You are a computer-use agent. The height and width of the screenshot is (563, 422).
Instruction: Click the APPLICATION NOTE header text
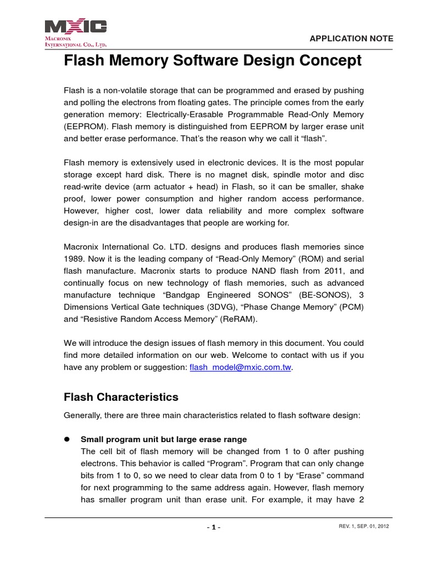point(352,38)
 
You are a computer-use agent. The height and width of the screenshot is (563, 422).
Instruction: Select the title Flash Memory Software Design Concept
point(213,60)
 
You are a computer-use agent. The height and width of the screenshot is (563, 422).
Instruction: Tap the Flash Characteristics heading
point(121,396)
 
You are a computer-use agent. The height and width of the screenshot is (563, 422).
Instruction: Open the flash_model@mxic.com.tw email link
point(240,368)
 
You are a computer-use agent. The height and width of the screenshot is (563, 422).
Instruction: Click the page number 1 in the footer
point(214,527)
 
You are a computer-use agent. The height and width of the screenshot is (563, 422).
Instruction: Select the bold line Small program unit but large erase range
point(164,439)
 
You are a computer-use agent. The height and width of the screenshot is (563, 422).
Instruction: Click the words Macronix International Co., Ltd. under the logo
point(76,42)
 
